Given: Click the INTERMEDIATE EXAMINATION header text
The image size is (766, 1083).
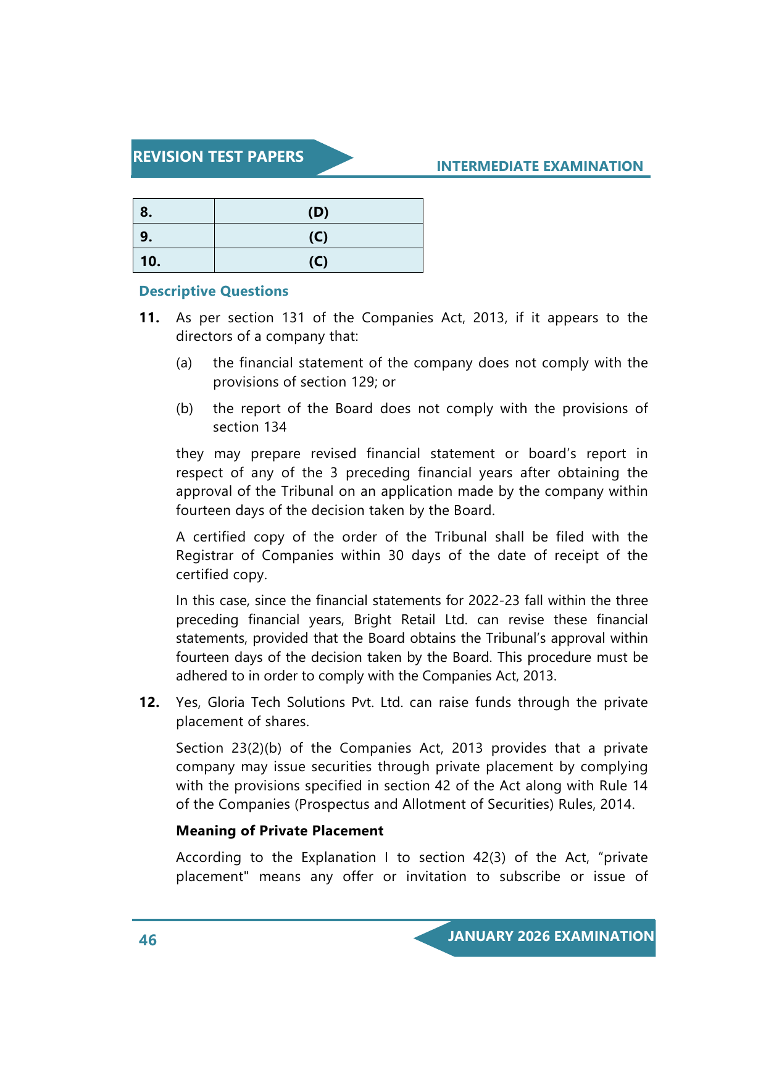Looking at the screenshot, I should click(539, 166).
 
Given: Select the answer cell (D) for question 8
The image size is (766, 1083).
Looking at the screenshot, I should click(318, 212).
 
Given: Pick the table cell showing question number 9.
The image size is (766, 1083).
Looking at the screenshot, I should click(173, 236).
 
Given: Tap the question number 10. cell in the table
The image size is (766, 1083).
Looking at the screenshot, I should click(173, 261).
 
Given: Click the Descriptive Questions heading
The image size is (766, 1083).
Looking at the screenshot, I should click(214, 291).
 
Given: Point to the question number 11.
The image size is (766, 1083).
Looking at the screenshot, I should click(149, 318).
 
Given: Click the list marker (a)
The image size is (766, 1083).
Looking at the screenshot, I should click(184, 363).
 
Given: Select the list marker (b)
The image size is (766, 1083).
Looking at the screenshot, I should click(184, 409).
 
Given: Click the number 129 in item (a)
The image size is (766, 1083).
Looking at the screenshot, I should click(364, 382).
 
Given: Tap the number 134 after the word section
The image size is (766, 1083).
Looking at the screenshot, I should click(275, 427).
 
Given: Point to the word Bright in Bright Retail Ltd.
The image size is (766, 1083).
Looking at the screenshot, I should click(373, 620).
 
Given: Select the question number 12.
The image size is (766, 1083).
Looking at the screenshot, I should click(149, 703).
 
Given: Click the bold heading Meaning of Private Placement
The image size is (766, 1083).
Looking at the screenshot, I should click(280, 831).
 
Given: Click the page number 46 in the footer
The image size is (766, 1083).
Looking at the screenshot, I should click(148, 940).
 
